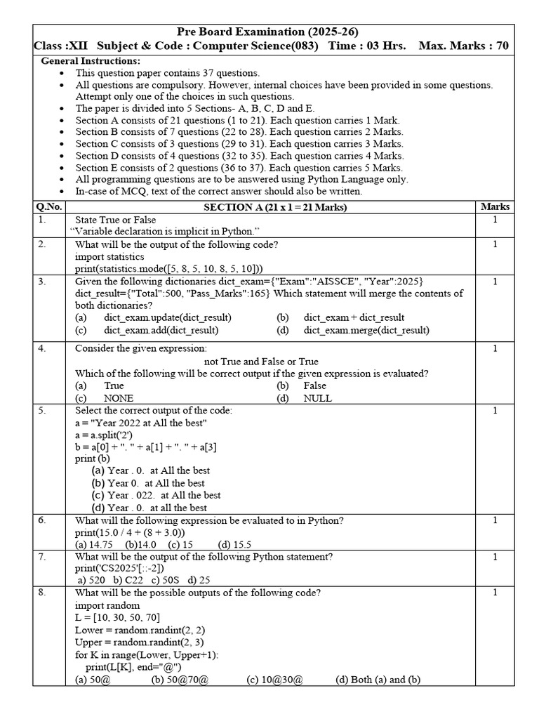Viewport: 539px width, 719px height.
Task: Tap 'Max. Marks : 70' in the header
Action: [x=463, y=46]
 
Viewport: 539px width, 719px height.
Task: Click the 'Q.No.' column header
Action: [x=48, y=207]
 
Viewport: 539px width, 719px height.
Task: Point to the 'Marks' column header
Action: [x=495, y=207]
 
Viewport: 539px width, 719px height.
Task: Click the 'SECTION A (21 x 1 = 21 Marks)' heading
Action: [x=275, y=207]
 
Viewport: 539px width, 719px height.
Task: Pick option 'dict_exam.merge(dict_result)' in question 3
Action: [x=366, y=330]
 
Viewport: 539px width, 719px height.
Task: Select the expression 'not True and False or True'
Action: [x=260, y=361]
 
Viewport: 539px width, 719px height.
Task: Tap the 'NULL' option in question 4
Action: [x=317, y=398]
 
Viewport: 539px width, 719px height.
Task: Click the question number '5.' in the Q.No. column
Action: [x=41, y=411]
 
